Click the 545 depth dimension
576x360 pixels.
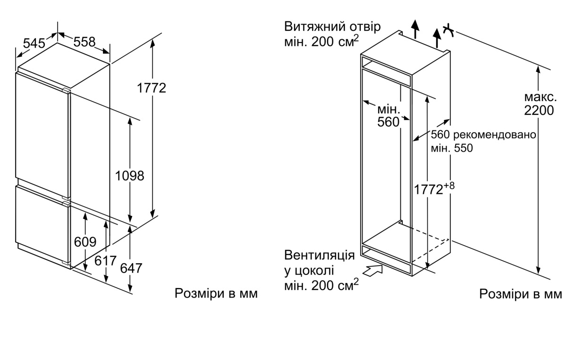click(x=34, y=43)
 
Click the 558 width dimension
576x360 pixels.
click(x=84, y=42)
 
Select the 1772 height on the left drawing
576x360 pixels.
click(x=152, y=88)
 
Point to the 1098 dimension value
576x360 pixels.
click(x=129, y=176)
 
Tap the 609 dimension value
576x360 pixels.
click(x=85, y=242)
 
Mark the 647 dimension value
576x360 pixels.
click(x=131, y=268)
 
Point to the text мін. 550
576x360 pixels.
click(x=452, y=148)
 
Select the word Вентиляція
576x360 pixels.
click(x=319, y=256)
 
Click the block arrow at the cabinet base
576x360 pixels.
click(x=373, y=271)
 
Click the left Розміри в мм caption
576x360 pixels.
click(x=216, y=293)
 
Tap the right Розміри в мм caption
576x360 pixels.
click(x=521, y=294)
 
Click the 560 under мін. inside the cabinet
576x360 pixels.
click(x=388, y=122)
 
